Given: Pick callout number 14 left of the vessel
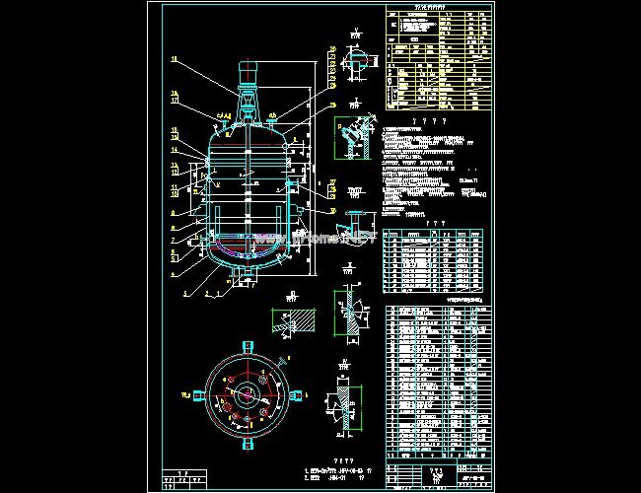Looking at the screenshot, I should pyautogui.click(x=175, y=151).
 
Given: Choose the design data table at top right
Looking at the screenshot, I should pyautogui.click(x=437, y=59).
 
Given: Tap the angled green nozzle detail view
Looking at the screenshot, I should pyautogui.click(x=351, y=138).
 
